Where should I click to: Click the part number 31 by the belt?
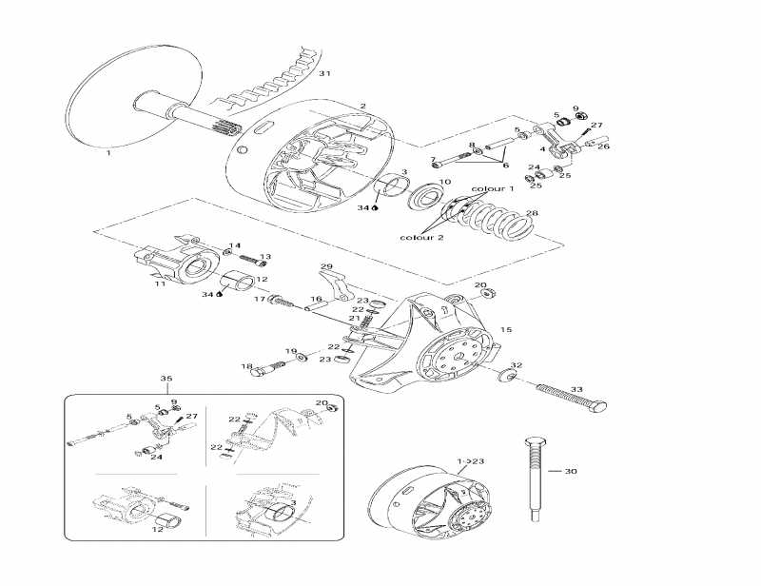pyautogui.click(x=324, y=73)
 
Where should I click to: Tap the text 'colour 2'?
pyautogui.click(x=420, y=237)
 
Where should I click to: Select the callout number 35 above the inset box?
pyautogui.click(x=166, y=379)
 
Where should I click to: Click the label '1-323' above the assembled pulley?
pyautogui.click(x=471, y=460)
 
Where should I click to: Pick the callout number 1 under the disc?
pyautogui.click(x=107, y=152)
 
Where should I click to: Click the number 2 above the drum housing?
pyautogui.click(x=362, y=106)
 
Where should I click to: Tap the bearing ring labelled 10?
pyautogui.click(x=424, y=199)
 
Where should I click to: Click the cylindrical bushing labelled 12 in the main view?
pyautogui.click(x=237, y=281)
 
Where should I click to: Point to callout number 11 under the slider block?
pyautogui.click(x=160, y=283)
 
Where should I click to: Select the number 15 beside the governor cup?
pyautogui.click(x=506, y=329)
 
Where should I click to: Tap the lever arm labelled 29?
pyautogui.click(x=332, y=285)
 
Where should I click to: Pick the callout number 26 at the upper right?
pyautogui.click(x=604, y=146)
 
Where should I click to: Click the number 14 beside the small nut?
pyautogui.click(x=235, y=245)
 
